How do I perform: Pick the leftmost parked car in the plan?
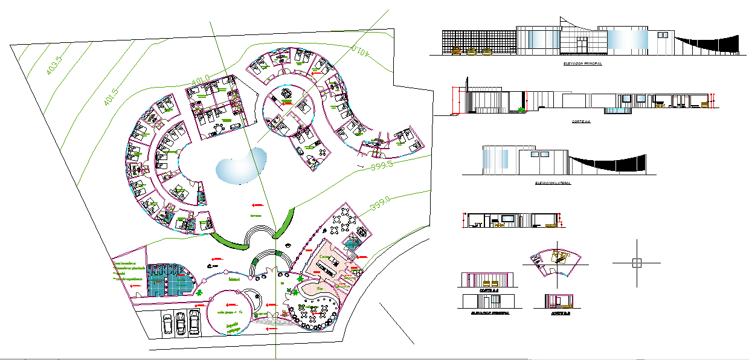click(167, 323)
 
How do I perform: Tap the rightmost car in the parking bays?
click(194, 321)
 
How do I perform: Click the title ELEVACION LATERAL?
click(552, 182)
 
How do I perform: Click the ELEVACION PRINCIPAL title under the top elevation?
click(582, 63)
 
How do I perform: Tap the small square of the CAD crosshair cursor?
click(636, 263)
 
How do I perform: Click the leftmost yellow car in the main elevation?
click(457, 51)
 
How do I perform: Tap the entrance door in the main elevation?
click(582, 45)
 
